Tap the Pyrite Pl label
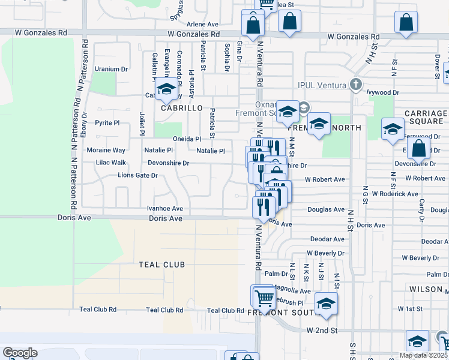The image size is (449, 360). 107,122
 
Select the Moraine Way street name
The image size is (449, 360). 106,150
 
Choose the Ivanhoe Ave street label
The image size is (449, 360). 164,209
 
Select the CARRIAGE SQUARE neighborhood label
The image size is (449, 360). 426,118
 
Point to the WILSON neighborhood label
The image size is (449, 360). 426,289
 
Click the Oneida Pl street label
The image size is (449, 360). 186,139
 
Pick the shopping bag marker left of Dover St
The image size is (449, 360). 406,22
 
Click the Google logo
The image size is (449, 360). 20,352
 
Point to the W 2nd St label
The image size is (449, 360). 322,331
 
